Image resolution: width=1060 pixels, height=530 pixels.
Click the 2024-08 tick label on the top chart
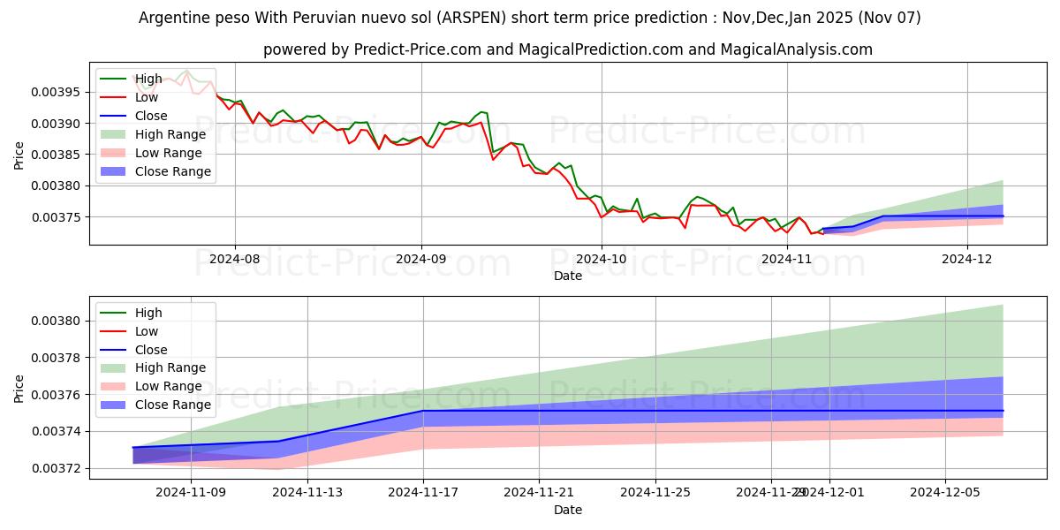coord(234,259)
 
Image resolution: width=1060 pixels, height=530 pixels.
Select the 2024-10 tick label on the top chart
coord(602,259)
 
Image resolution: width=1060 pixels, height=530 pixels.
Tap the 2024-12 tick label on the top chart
coord(967,259)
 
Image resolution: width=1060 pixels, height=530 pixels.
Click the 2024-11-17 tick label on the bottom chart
coord(422,492)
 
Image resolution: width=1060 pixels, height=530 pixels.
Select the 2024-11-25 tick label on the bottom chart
coord(655,492)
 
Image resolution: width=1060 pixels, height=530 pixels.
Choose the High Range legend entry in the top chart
coord(170,134)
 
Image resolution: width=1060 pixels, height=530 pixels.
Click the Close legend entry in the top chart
coord(151,116)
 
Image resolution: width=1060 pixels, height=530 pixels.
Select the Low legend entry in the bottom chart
coord(147,331)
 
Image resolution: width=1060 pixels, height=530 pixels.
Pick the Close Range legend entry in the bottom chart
coord(173,405)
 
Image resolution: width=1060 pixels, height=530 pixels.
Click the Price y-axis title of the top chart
coord(19,155)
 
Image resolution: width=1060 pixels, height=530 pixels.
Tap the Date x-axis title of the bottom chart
coord(568,510)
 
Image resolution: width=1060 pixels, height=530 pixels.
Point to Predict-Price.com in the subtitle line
coord(413,49)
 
